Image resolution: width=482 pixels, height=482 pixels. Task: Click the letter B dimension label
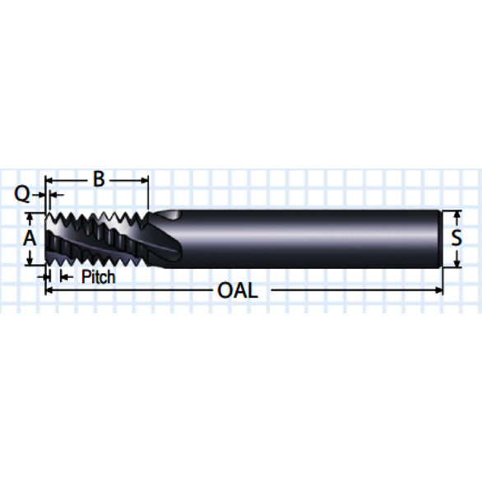pyautogui.click(x=98, y=178)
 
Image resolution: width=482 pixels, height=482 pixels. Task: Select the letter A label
pyautogui.click(x=30, y=239)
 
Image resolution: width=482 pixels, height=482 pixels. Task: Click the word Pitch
pyautogui.click(x=98, y=277)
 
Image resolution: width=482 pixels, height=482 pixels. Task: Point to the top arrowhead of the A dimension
pyautogui.click(x=30, y=216)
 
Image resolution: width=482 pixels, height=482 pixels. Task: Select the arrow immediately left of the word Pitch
pyautogui.click(x=66, y=277)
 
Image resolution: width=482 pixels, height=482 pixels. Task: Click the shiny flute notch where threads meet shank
pyautogui.click(x=168, y=216)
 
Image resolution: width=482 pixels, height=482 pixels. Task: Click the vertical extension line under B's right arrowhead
pyautogui.click(x=148, y=197)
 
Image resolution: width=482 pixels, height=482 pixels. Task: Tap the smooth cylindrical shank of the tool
pyautogui.click(x=313, y=239)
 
